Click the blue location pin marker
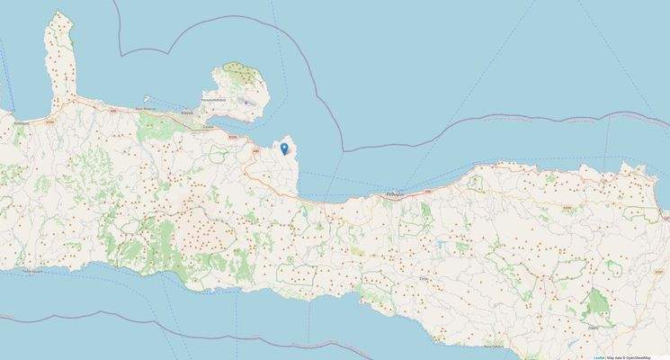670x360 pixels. click(x=284, y=148)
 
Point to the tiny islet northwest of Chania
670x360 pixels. click(x=150, y=97)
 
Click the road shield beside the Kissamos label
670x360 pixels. click(x=51, y=120)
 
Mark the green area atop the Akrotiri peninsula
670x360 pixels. click(x=240, y=70)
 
